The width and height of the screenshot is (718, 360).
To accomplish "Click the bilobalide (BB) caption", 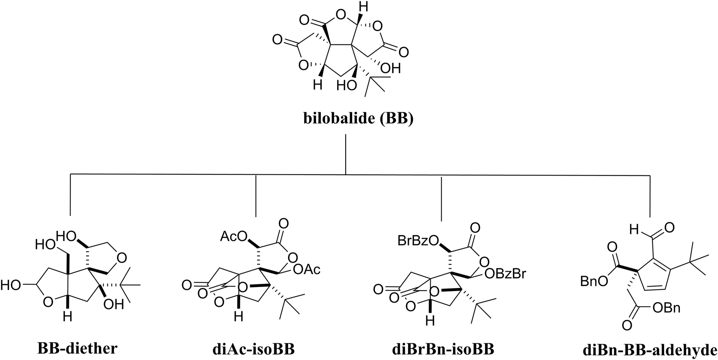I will pos(359,120).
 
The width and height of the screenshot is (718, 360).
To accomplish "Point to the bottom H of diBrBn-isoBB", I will pos(430,321).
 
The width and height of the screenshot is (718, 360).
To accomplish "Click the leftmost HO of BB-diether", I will pos(10,285).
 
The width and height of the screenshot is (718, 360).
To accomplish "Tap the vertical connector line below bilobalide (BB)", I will pos(346,154).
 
